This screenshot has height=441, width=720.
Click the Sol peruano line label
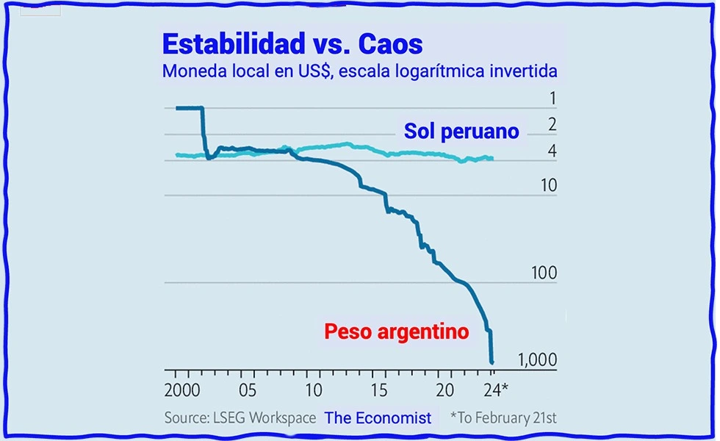(x=461, y=132)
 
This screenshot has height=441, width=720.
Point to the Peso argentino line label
(x=396, y=331)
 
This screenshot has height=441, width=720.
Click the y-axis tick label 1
(x=552, y=99)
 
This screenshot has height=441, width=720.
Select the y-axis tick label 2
(x=552, y=124)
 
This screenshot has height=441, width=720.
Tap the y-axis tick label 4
(x=552, y=152)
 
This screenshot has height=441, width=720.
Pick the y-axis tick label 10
(x=548, y=185)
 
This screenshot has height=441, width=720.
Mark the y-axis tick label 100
(x=544, y=273)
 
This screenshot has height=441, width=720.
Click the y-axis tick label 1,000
(x=538, y=360)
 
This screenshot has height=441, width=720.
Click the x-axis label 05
(x=248, y=389)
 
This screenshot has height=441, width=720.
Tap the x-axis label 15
(x=379, y=389)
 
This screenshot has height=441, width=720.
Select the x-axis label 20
(x=444, y=389)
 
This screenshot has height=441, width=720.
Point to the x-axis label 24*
(x=498, y=389)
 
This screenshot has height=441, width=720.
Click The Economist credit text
(x=378, y=417)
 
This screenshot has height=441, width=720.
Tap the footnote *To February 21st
(x=503, y=417)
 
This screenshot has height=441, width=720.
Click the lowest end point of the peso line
(x=492, y=361)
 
